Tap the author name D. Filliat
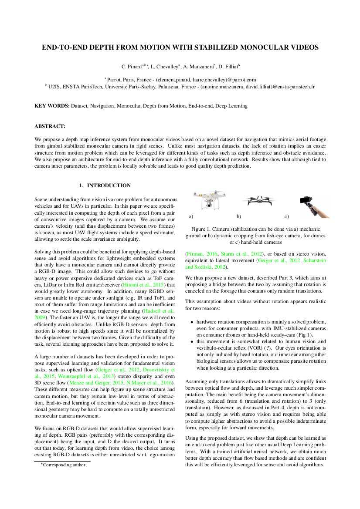(228, 67)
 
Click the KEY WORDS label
(52, 106)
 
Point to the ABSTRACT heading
(50, 126)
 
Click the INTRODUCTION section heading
(109, 185)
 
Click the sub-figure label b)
(238, 216)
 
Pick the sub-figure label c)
(286, 216)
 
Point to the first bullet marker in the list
(192, 322)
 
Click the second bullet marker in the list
(192, 342)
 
